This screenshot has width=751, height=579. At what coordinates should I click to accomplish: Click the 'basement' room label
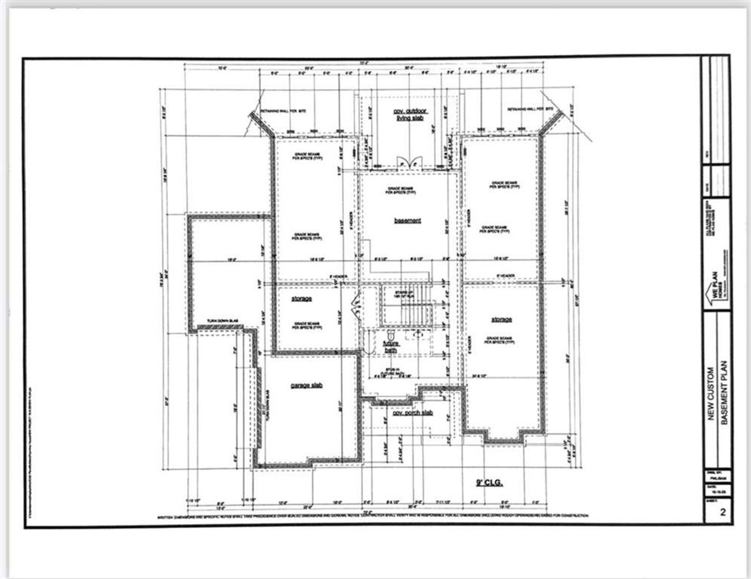click(407, 221)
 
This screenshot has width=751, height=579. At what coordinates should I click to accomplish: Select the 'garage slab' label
click(306, 385)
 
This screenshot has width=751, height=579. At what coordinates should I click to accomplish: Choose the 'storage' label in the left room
click(302, 299)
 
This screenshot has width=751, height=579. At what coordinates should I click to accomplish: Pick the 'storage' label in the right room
click(502, 319)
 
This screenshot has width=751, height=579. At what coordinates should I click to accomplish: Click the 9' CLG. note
click(490, 483)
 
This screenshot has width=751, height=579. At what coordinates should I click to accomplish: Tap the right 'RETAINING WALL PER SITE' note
click(530, 110)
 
